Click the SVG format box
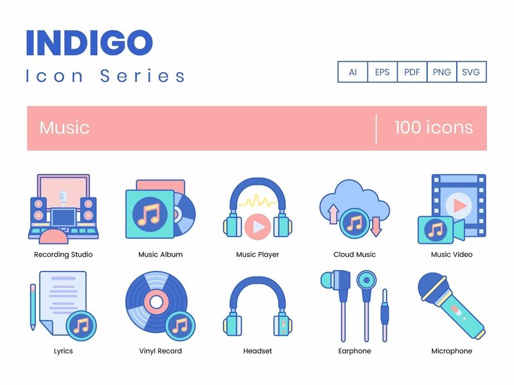click(471, 73)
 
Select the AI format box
click(353, 73)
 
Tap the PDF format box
click(412, 73)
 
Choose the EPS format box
click(382, 73)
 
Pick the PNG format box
click(441, 73)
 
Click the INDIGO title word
click(89, 42)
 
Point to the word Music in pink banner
click(64, 127)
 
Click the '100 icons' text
click(434, 127)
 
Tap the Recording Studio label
click(63, 255)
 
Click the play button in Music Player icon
click(257, 226)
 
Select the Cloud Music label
click(355, 255)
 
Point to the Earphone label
click(355, 351)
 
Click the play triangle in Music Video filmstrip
click(458, 205)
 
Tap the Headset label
click(258, 351)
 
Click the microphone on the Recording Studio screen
click(63, 196)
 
